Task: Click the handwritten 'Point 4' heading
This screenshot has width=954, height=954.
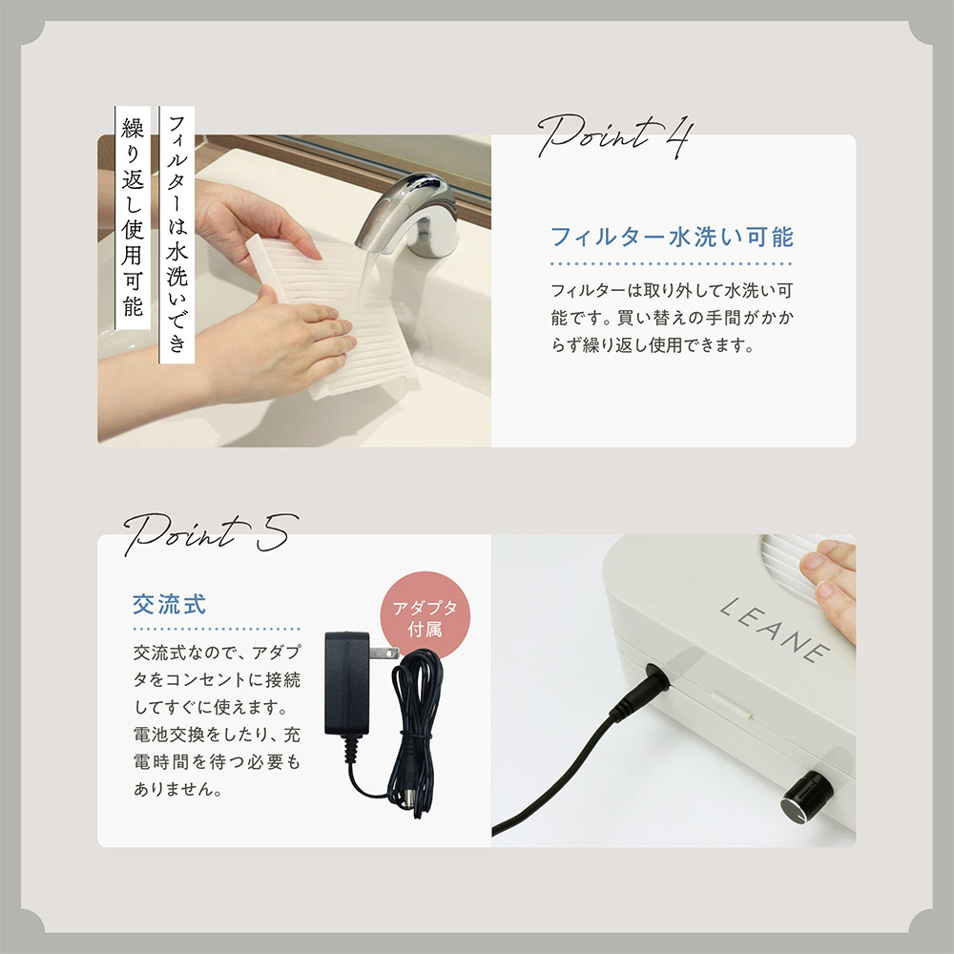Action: click(x=614, y=136)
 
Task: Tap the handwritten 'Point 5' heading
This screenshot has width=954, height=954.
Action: click(x=211, y=533)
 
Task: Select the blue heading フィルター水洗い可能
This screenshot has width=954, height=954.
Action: click(x=672, y=237)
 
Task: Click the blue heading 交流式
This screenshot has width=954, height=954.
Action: click(x=169, y=604)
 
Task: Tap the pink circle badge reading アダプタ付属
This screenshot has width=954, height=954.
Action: click(x=425, y=615)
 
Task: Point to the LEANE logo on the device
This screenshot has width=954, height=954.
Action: click(x=775, y=629)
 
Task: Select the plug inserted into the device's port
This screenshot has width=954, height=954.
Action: click(x=640, y=691)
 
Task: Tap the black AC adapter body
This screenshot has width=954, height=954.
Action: click(x=347, y=683)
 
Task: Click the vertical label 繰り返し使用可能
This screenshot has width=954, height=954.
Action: click(x=133, y=218)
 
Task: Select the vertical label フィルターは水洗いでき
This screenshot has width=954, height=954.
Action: click(x=177, y=235)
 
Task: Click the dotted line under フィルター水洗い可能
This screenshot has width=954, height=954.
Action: click(x=671, y=264)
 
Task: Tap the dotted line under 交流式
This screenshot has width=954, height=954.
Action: click(x=217, y=629)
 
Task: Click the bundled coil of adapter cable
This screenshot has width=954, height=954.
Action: click(x=416, y=730)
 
